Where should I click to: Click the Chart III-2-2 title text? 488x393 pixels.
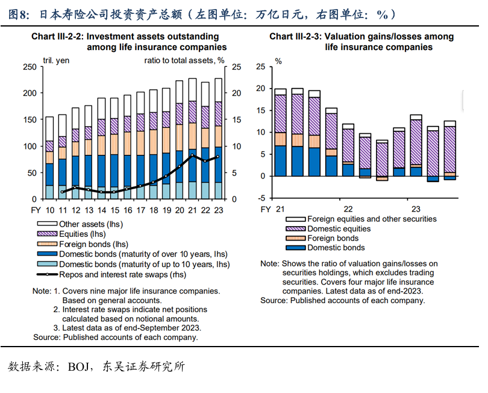pyautogui.click(x=129, y=42)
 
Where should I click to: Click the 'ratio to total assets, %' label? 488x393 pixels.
pyautogui.click(x=184, y=60)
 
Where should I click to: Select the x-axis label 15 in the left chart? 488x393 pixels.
pyautogui.click(x=101, y=209)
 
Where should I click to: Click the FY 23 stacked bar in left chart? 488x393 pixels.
pyautogui.click(x=218, y=139)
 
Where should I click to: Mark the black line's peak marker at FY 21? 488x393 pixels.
pyautogui.click(x=192, y=156)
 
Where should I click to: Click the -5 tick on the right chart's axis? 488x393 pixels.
pyautogui.click(x=261, y=198)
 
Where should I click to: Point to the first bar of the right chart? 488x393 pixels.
pyautogui.click(x=280, y=132)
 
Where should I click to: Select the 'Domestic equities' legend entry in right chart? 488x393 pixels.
pyautogui.click(x=339, y=228)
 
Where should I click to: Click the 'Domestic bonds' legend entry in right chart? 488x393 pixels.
pyautogui.click(x=336, y=248)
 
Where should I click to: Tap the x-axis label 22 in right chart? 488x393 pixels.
pyautogui.click(x=348, y=209)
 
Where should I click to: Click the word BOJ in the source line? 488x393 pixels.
pyautogui.click(x=77, y=366)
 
